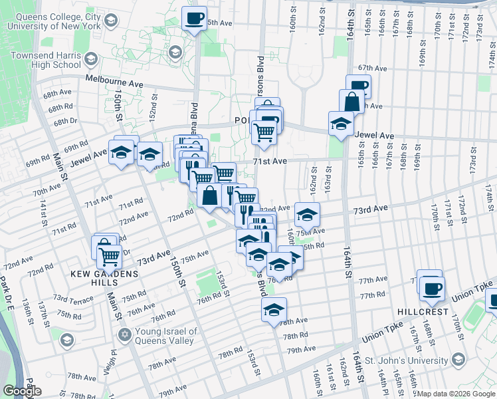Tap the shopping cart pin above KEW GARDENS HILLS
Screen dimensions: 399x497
pyautogui.click(x=108, y=255)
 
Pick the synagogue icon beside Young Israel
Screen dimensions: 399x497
pyautogui.click(x=124, y=332)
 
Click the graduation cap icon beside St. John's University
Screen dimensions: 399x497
pyautogui.click(x=458, y=360)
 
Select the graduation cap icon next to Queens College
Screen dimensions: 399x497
pyautogui.click(x=112, y=20)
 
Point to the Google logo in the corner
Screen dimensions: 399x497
pyautogui.click(x=21, y=390)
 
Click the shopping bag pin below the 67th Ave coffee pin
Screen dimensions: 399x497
pyautogui.click(x=351, y=102)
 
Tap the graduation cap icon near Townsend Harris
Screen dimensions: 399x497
pyautogui.click(x=175, y=52)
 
